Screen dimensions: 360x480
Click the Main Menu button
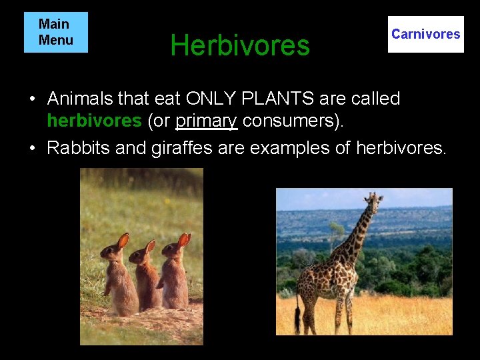point(55,32)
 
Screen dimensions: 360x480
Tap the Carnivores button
point(425,34)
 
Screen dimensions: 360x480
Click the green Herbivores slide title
point(240,45)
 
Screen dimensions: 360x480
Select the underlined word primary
point(207,121)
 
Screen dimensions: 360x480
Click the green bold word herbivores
point(94,121)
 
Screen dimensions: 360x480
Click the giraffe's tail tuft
point(297,325)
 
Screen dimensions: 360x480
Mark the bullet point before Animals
point(32,99)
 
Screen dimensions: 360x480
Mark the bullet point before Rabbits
point(32,148)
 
